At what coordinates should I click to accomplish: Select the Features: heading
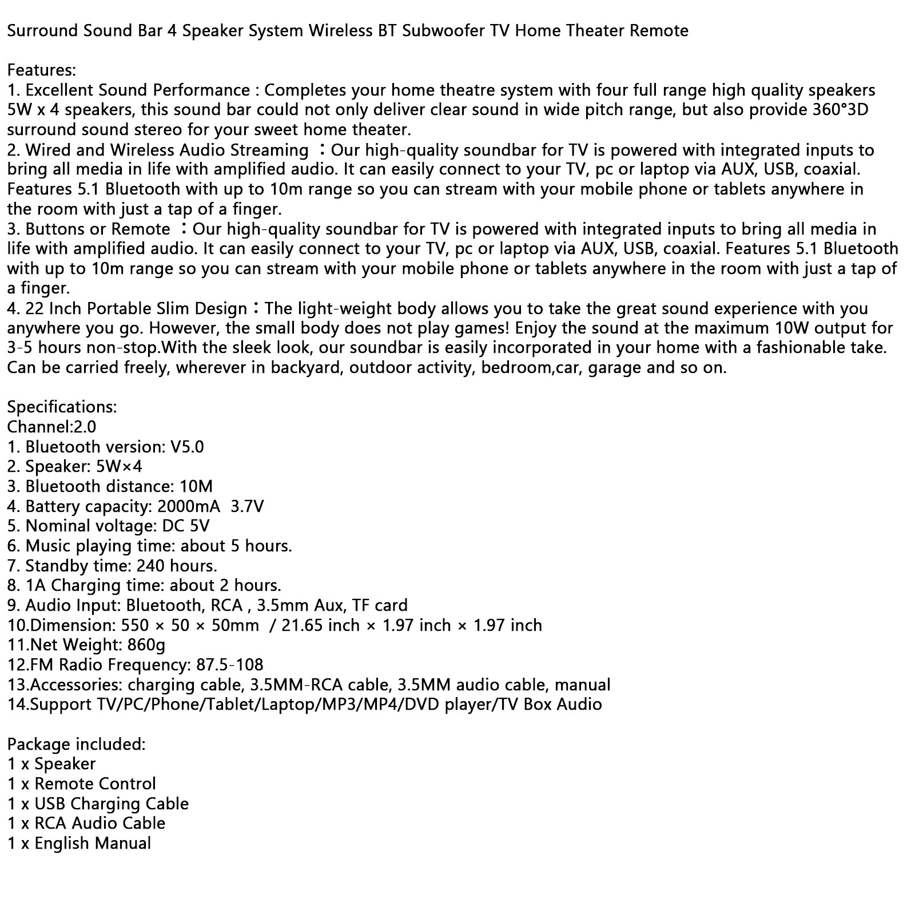point(41,70)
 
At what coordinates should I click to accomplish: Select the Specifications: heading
point(62,407)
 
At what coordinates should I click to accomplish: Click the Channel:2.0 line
point(51,427)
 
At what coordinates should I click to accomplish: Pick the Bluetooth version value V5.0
point(187,447)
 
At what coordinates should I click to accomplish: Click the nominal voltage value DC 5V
point(186,526)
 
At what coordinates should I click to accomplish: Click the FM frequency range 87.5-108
point(229,665)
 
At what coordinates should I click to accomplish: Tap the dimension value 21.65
point(303,625)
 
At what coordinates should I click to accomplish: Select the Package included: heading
point(77,744)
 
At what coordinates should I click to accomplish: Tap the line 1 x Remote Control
point(82,783)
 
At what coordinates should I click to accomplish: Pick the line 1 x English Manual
point(79,843)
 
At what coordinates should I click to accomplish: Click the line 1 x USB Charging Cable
point(98,803)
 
